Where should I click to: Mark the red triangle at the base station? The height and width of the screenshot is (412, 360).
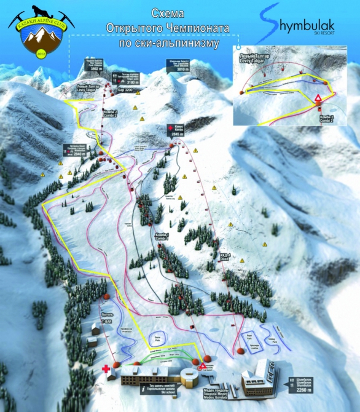click(x=203, y=366)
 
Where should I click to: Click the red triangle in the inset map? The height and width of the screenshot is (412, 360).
click(x=318, y=98)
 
